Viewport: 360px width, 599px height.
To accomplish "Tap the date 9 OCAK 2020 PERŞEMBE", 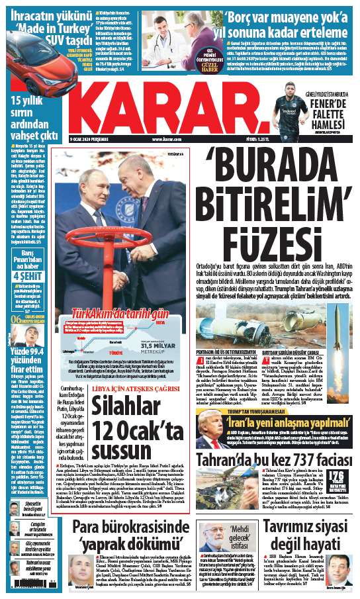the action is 95,138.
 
